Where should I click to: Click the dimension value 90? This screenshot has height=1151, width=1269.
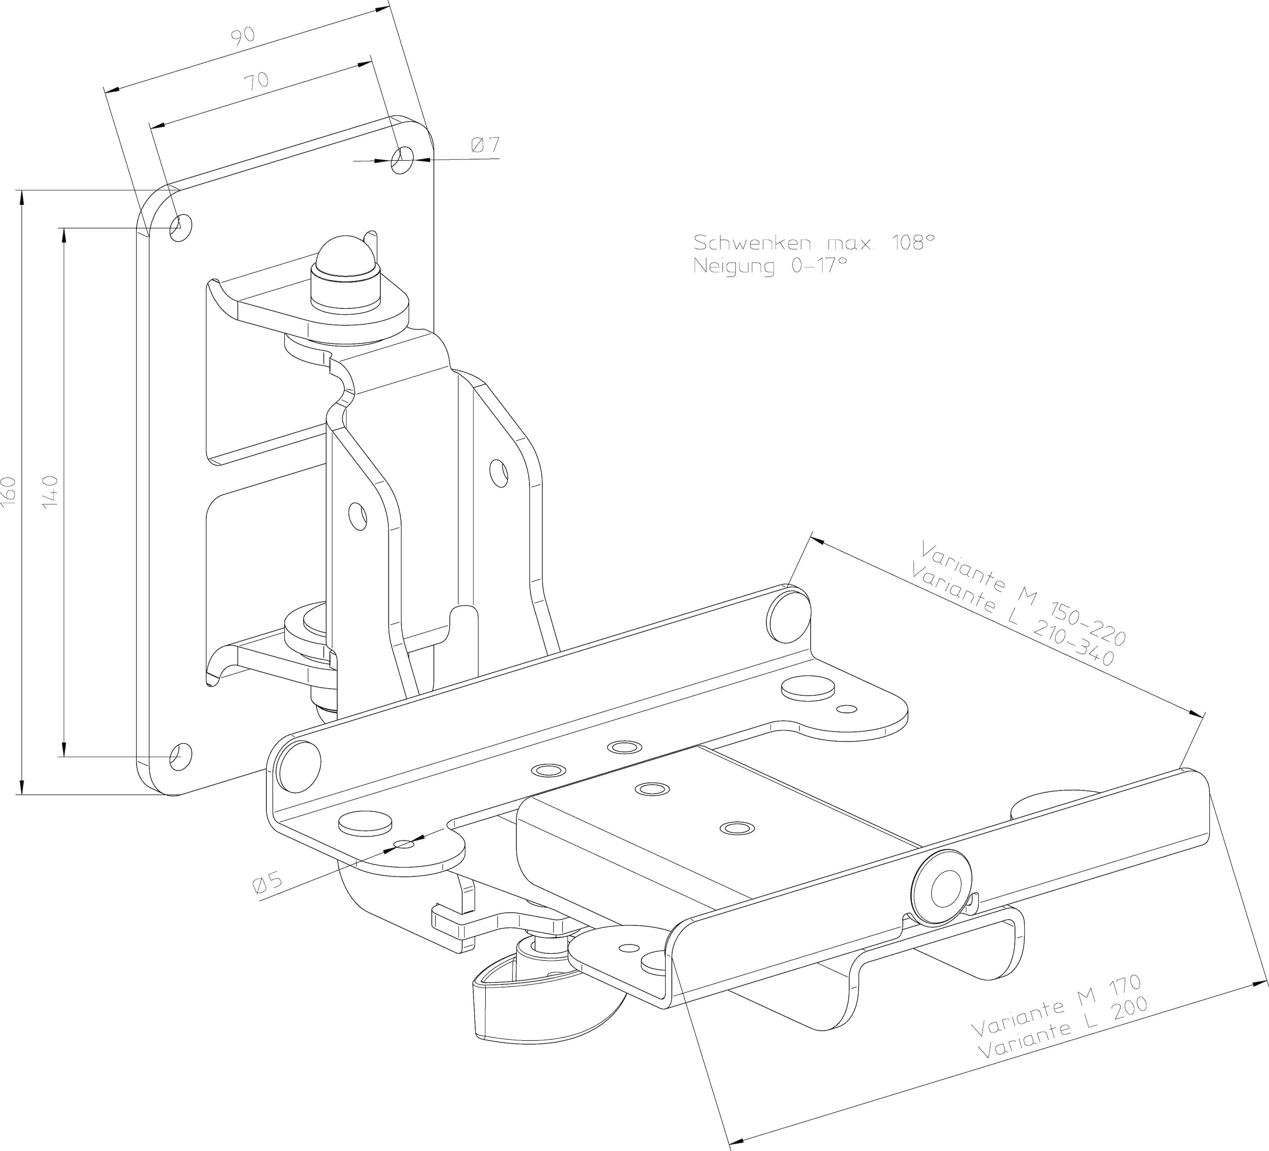pos(242,36)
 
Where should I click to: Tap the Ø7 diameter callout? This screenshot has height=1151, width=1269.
pos(485,145)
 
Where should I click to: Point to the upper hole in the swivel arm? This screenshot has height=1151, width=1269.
pos(499,472)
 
